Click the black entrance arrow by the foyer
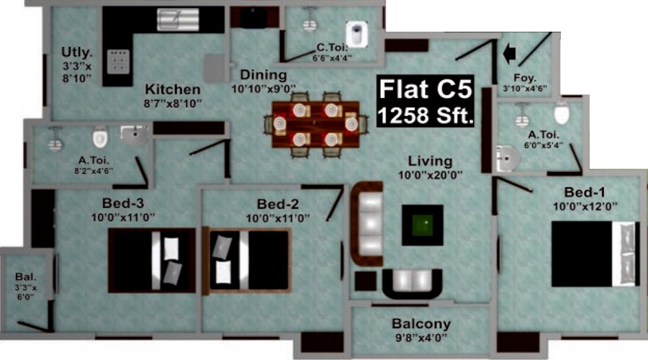coord(510,53)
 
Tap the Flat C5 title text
coord(426,89)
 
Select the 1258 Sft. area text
coord(426,115)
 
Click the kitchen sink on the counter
coord(178,19)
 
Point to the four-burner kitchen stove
coord(119,62)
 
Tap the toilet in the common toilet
coord(356,34)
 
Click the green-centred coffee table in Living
coord(423,225)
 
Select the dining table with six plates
coord(315,124)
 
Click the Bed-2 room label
coord(278,204)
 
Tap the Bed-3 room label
coord(123,203)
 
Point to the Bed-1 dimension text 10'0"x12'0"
coord(585,206)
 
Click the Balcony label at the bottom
coord(421,323)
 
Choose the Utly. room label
coord(77,53)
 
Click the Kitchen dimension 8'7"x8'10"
coord(173,104)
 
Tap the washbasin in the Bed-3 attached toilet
coord(135,135)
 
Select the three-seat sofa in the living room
coord(367,224)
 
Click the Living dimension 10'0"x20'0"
coord(431,175)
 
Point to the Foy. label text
coord(525,78)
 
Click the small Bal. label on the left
coord(26,277)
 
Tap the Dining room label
coord(264,75)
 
